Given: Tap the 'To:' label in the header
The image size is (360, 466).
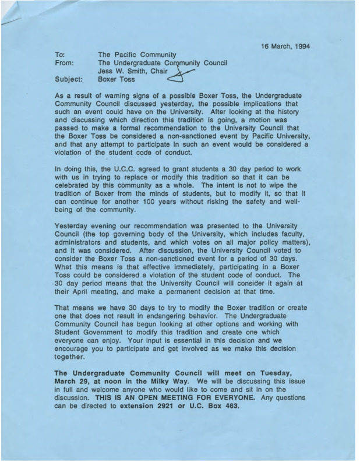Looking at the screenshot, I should tap(59, 54).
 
